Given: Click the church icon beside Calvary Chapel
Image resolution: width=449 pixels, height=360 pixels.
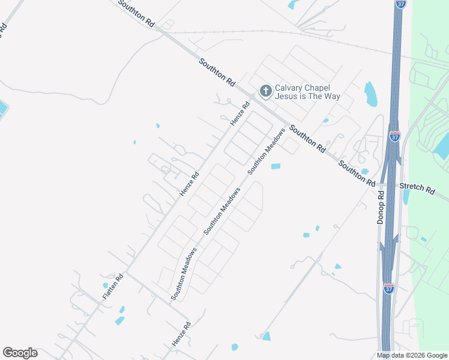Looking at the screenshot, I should [x=265, y=91].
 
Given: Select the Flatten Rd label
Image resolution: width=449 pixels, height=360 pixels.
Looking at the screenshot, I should [x=112, y=287].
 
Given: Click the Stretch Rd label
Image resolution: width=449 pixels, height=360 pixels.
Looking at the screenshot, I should [x=417, y=188].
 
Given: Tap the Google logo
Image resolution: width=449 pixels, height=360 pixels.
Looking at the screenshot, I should [x=20, y=353].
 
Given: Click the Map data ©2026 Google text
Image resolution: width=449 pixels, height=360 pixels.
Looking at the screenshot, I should [x=412, y=355].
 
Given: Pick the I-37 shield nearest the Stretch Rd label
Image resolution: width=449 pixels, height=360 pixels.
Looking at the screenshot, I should [x=394, y=136].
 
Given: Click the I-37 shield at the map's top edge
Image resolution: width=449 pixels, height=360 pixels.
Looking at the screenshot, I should [x=400, y=4].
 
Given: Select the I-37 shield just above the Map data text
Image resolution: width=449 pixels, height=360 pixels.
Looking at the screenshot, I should [x=388, y=289].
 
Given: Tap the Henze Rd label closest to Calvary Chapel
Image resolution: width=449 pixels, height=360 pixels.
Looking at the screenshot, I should [x=240, y=114].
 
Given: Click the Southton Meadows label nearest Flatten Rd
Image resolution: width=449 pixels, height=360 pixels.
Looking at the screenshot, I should [x=184, y=274].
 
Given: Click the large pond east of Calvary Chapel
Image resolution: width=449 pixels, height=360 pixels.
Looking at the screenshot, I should [x=370, y=94].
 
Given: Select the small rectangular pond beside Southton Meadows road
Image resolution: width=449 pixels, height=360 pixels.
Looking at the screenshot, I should [x=276, y=166].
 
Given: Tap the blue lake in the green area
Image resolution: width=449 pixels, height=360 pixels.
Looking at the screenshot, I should [x=442, y=146].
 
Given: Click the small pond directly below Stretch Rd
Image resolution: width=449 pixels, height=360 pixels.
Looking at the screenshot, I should [x=406, y=197].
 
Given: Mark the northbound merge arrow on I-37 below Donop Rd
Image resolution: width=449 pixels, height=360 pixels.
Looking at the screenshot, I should [x=395, y=241].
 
